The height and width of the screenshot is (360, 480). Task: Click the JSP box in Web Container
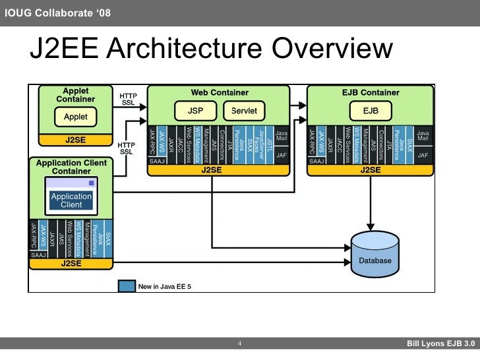point(196,109)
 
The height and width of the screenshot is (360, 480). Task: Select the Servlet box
point(244,109)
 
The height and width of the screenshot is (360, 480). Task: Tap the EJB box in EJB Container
point(371,109)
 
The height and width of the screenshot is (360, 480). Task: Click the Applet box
point(75,117)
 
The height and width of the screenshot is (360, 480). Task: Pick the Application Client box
point(71,200)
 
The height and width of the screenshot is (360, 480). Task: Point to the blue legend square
point(127,286)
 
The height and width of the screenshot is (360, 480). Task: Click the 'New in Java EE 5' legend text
point(165,286)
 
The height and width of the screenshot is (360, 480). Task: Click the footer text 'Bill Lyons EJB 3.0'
point(440,344)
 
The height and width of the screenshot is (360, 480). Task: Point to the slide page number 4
point(239,344)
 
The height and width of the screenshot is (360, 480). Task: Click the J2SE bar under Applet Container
point(75,140)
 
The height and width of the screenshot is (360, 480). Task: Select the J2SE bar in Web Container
point(219,169)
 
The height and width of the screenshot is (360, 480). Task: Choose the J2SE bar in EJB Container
point(370,169)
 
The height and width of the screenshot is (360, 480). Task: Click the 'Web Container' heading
point(220,93)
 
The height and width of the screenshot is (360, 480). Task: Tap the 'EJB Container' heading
point(371,93)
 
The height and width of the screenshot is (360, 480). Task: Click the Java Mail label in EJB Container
point(423,136)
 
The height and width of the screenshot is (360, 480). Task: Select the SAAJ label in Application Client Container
point(38,255)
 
